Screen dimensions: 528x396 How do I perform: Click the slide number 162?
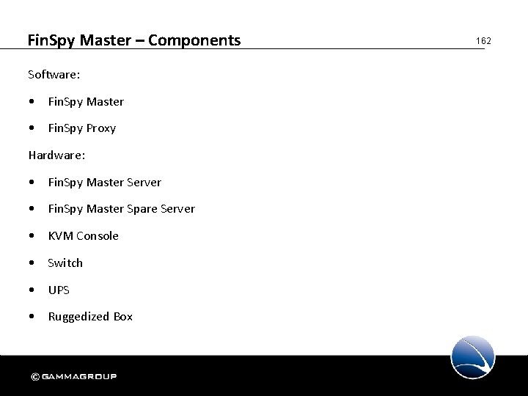483,41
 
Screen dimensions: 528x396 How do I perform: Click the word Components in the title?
194,40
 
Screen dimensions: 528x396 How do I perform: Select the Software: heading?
54,74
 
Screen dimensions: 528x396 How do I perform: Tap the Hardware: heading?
56,155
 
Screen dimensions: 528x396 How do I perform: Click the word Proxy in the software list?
101,128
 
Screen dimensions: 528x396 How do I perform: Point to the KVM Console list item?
83,235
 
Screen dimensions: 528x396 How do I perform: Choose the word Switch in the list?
65,263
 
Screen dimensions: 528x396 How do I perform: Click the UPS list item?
59,290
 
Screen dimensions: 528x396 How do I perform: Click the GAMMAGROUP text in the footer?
79,377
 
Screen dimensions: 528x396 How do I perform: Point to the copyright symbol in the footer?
35,377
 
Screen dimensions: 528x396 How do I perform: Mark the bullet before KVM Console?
32,236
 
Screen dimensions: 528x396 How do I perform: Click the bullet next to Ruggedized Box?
32,317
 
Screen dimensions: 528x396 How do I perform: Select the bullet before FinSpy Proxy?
32,128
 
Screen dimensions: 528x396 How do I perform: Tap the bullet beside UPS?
32,290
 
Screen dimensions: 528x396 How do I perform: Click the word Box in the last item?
123,317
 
